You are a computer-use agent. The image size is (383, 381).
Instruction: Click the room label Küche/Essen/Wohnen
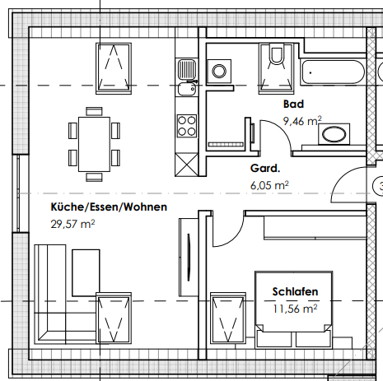coord(109,207)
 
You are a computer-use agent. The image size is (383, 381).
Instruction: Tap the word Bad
coord(293,105)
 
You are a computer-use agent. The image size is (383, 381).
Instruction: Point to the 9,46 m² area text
coord(302,120)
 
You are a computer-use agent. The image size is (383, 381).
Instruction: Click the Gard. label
coord(265,169)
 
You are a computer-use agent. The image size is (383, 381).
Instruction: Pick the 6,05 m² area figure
coord(269,185)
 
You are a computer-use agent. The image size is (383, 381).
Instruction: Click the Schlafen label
coord(295,292)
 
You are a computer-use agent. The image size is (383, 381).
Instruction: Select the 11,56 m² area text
coord(295,309)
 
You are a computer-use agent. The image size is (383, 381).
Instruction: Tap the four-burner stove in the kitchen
coord(187,125)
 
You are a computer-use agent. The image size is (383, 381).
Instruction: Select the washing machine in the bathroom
coord(221,72)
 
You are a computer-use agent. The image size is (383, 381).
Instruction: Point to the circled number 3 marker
coord(378,188)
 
